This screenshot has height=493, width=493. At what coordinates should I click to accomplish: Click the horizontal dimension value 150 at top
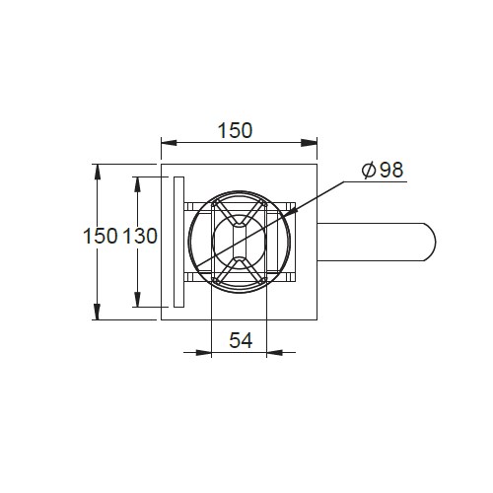point(237,129)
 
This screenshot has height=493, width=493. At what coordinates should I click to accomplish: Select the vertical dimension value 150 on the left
point(100,237)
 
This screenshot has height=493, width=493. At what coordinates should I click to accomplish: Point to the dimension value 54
point(240,340)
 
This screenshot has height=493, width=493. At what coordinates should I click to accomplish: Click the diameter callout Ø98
point(383,170)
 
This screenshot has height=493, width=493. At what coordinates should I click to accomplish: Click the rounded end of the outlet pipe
point(430,243)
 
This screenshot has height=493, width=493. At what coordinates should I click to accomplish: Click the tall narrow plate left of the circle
point(177,243)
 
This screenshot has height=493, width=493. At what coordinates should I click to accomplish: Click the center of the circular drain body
point(239,242)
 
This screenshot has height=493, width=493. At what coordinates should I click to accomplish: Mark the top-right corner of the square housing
point(315,164)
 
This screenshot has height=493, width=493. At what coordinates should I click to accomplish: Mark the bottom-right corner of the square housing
point(315,321)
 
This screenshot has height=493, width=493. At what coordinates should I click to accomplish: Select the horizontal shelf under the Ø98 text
point(380,182)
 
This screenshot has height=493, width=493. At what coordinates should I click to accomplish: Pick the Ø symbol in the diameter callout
point(368,170)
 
